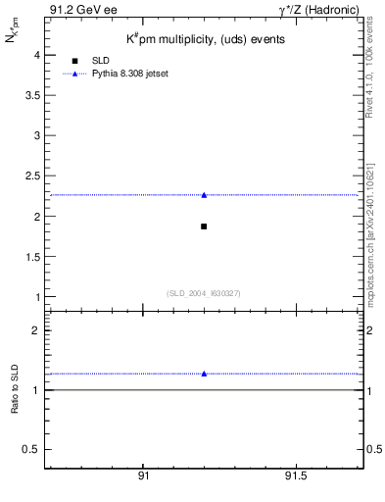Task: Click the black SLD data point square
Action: point(204,226)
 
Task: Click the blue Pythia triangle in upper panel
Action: point(204,195)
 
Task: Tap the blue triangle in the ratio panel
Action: point(204,374)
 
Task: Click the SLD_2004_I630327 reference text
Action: point(203,293)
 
